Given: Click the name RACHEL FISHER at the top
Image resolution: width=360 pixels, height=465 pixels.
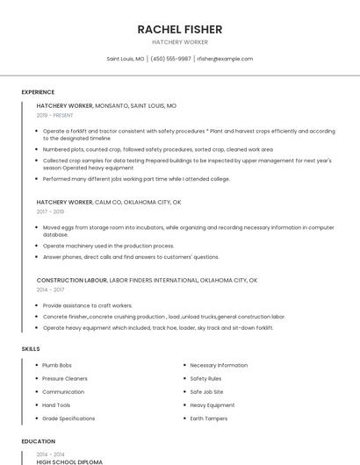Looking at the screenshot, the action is (x=180, y=29).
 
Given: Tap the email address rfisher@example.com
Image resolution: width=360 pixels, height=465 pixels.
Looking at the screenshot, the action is (x=225, y=59).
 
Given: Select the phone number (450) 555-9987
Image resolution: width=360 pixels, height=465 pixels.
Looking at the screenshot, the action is (x=170, y=59).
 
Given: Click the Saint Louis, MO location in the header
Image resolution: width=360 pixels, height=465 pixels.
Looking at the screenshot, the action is (x=126, y=59).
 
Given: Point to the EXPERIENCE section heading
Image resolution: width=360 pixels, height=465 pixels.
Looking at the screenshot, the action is (x=38, y=92).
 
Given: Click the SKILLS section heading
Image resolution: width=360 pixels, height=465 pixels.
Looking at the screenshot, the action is (x=31, y=349).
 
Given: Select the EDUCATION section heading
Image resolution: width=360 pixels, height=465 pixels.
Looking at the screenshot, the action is (x=38, y=441).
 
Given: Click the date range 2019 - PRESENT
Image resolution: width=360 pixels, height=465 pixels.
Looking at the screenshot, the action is (x=54, y=115).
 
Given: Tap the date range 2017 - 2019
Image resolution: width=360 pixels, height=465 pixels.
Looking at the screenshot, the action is (x=50, y=211).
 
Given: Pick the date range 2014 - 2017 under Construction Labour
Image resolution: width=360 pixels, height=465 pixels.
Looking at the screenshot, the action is (x=50, y=289).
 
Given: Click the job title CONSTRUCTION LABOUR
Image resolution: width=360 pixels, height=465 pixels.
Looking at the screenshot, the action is (x=71, y=280).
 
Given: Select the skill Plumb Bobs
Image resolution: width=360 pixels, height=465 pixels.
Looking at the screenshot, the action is (x=57, y=365).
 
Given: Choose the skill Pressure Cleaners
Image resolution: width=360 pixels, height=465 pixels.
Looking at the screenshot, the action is (x=65, y=378).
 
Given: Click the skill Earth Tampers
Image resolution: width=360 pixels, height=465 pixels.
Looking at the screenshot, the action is (x=209, y=418).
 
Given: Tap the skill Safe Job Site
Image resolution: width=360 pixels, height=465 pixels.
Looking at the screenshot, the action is (x=206, y=391).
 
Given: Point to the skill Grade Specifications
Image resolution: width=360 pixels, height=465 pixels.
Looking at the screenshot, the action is (x=68, y=418).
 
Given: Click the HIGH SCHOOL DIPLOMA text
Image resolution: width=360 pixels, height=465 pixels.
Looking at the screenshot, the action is (x=69, y=461).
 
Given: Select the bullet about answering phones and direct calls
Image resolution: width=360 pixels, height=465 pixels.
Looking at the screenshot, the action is (x=131, y=257).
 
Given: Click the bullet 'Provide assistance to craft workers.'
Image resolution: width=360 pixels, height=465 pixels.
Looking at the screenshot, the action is (x=88, y=305).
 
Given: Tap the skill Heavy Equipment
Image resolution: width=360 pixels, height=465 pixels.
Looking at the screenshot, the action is (x=212, y=405).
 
